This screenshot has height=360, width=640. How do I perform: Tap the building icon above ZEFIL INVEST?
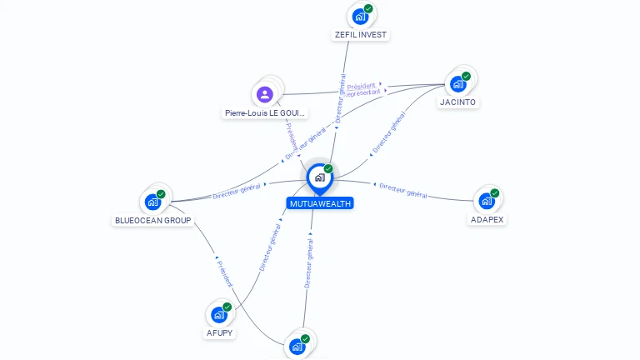(360, 17)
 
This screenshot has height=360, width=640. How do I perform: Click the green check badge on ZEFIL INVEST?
(368, 9)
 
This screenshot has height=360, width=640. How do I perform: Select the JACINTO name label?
(458, 102)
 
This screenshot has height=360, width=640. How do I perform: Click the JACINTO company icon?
(457, 84)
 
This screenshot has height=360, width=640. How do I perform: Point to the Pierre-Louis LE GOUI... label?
(265, 112)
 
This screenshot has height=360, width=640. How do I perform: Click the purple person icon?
(265, 93)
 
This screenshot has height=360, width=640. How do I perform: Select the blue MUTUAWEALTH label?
(320, 203)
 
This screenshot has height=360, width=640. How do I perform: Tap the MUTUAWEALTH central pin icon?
(319, 177)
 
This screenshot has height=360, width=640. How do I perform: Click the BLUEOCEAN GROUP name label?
(153, 221)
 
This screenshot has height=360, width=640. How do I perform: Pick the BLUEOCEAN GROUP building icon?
(152, 202)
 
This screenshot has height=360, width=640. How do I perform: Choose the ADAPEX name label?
(487, 220)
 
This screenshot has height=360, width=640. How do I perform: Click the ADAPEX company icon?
(487, 201)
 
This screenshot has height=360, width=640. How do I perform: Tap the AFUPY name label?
(219, 333)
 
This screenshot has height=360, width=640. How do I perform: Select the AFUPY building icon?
(218, 315)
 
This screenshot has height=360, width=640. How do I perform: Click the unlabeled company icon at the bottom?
(297, 347)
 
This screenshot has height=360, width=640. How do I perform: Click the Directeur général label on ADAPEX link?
(403, 190)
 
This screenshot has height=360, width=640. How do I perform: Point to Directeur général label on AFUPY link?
(270, 246)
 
